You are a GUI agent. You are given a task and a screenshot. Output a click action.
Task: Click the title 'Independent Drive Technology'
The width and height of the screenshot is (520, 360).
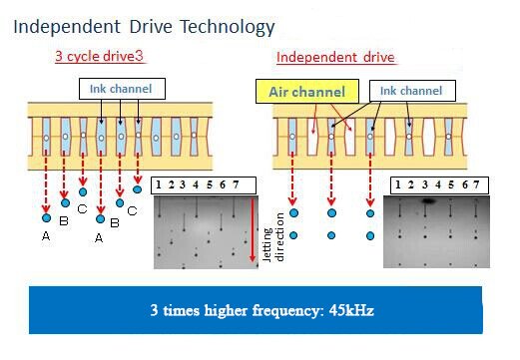(144, 27)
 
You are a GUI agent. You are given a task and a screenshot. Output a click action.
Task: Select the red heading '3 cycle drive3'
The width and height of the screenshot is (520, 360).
(99, 56)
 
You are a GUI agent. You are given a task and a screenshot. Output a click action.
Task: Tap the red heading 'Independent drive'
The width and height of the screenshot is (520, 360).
(335, 57)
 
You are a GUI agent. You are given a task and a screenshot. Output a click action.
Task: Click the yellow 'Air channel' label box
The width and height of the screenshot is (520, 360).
(307, 92)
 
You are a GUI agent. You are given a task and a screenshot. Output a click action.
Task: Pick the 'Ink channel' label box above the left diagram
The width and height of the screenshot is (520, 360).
(122, 89)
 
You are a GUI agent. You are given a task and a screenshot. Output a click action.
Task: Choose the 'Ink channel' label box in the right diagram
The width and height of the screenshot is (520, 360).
(412, 91)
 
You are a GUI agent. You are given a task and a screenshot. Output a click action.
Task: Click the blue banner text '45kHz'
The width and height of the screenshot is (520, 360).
(351, 310)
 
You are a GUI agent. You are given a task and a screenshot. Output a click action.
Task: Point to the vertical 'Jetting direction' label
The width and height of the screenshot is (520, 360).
(273, 236)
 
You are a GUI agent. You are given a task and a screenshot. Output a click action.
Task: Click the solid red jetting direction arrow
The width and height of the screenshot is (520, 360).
(253, 230)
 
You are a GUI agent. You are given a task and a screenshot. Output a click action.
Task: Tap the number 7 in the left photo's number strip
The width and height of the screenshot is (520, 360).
(236, 184)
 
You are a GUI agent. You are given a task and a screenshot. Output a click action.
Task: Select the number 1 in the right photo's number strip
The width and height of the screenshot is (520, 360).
(398, 184)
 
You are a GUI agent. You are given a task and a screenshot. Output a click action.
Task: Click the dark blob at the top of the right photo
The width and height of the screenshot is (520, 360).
(428, 200)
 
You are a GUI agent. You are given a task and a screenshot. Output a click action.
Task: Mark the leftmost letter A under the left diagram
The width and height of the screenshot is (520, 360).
(46, 236)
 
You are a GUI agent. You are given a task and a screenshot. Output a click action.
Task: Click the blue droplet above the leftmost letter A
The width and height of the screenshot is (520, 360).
(47, 218)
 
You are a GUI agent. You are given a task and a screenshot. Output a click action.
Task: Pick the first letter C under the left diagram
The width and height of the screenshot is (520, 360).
(82, 209)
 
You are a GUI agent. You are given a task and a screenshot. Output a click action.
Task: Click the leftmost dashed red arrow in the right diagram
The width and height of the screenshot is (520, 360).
(292, 179)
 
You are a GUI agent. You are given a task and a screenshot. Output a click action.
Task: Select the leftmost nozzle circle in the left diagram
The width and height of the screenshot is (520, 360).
(46, 138)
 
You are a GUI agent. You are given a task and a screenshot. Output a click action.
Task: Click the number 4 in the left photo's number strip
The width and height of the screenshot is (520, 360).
(196, 184)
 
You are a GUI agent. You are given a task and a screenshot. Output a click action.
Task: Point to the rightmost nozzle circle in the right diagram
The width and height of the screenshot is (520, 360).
(448, 137)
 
